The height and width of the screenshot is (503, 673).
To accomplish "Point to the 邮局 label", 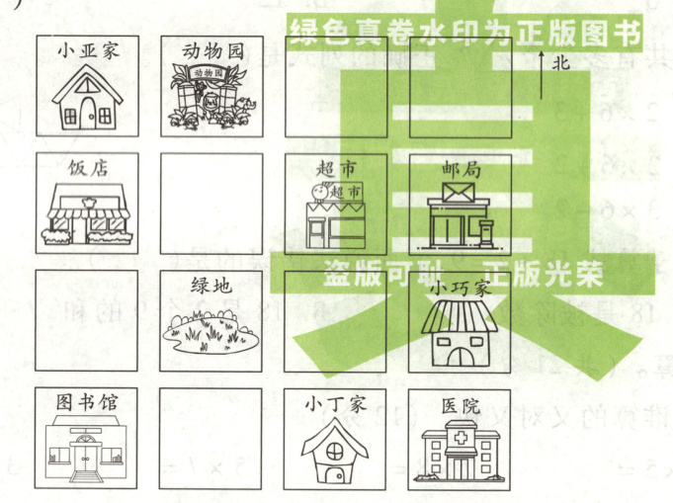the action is coord(461,169).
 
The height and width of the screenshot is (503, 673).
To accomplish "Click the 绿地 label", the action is coord(211,287).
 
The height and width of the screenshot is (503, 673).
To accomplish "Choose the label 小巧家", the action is coord(461,288).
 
